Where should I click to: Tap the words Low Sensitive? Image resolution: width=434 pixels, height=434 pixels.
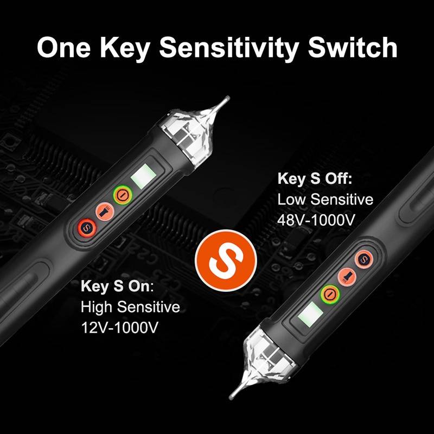tap(325, 200)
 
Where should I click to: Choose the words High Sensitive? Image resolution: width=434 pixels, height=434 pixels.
tap(130, 308)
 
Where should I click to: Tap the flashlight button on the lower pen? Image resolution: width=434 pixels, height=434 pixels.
tap(346, 276)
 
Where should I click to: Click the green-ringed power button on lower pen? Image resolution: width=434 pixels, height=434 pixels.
tap(329, 293)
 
